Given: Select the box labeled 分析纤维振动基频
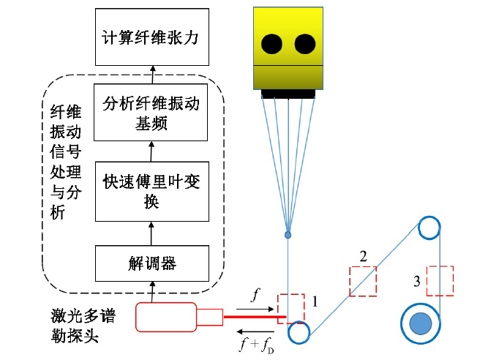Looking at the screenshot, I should (152, 113).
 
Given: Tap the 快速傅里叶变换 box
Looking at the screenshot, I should (152, 191).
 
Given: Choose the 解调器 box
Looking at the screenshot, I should (152, 263).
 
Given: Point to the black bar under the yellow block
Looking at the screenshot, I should (288, 93).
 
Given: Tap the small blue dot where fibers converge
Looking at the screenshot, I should (288, 235).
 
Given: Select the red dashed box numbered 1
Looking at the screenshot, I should (290, 307).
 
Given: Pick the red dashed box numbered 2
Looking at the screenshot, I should (363, 280).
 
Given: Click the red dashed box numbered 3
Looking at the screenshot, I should (440, 280).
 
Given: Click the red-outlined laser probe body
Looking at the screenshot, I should (166, 317).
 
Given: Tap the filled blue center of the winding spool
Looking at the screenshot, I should (420, 323).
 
